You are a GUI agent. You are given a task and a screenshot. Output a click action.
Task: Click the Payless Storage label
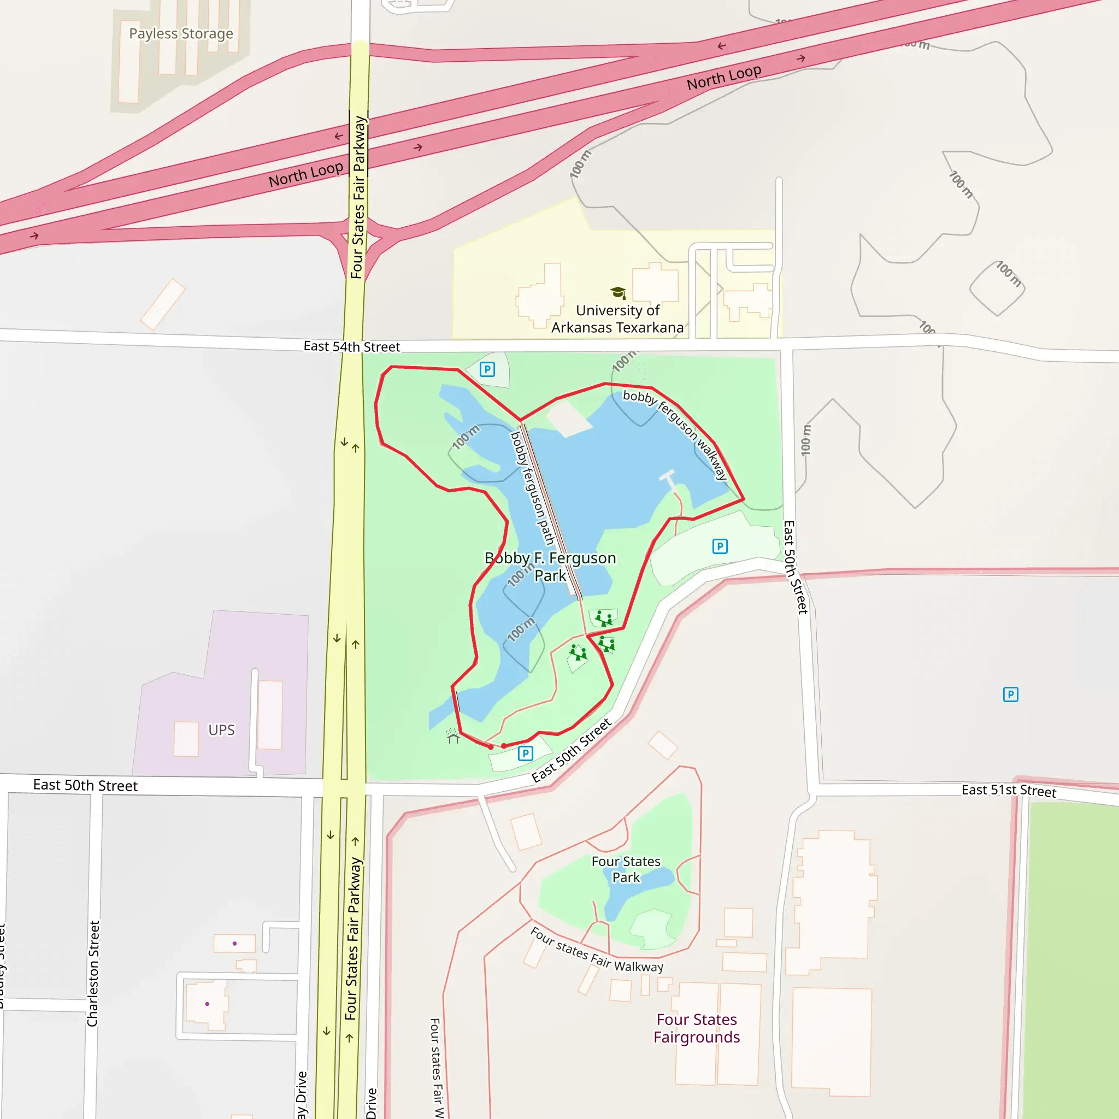181,33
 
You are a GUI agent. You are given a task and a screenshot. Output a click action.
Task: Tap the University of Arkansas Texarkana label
617,319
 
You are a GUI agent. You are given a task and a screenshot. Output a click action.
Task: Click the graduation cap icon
618,292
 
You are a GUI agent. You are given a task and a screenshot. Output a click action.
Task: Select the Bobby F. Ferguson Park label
550,567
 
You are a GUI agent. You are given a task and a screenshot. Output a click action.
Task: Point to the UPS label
221,730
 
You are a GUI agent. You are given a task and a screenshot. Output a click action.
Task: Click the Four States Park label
626,869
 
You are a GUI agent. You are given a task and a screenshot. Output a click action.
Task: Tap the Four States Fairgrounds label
697,1028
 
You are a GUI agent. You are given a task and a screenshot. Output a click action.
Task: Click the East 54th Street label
351,346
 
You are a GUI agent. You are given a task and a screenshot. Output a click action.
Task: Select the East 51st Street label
1009,791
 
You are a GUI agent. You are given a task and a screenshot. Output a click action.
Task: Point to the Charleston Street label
93,973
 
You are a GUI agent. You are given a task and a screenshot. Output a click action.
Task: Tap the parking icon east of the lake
720,546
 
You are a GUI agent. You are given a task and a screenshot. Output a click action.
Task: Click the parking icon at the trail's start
525,753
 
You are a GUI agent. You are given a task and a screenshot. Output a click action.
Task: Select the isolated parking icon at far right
1011,694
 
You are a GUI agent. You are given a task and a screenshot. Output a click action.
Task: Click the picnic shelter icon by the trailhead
453,736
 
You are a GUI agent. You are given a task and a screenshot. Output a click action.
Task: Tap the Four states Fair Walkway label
597,950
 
